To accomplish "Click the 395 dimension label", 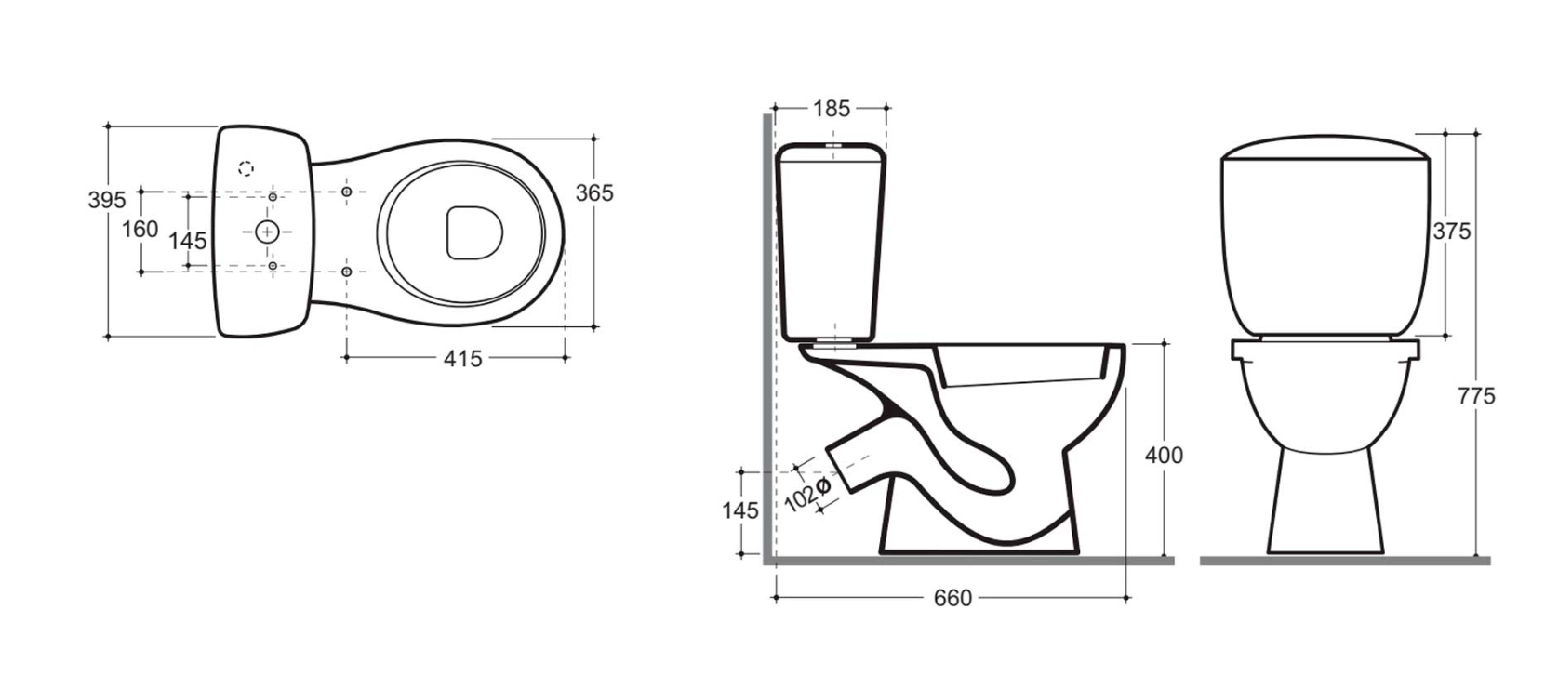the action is tap(107, 200).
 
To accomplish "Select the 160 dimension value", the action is tap(140, 229).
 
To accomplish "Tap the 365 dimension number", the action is tap(594, 193).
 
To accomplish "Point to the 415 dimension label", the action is tap(463, 359).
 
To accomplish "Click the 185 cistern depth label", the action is tap(832, 109).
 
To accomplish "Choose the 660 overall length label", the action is tap(952, 598).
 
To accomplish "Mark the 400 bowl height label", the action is tap(1165, 456).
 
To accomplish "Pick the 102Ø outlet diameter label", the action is tap(808, 495).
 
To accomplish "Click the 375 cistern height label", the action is tap(1452, 231).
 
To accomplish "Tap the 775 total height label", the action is tap(1476, 396).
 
